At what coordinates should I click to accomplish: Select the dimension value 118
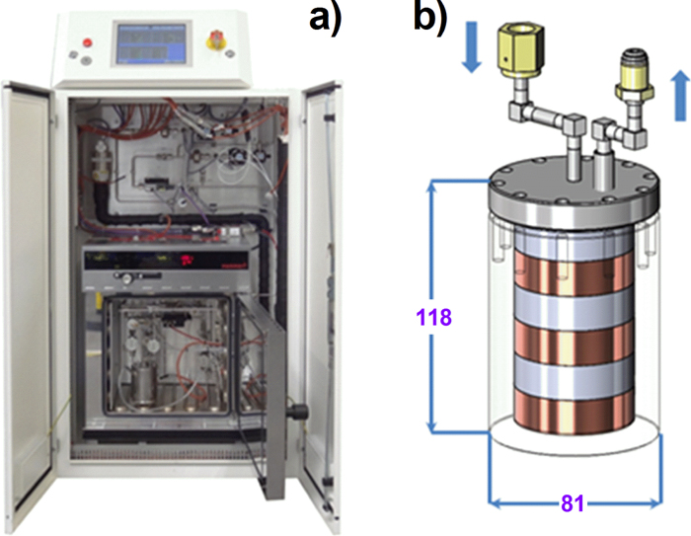point(433,318)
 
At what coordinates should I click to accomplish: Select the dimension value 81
point(574,502)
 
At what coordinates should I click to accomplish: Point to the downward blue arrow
point(470,51)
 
